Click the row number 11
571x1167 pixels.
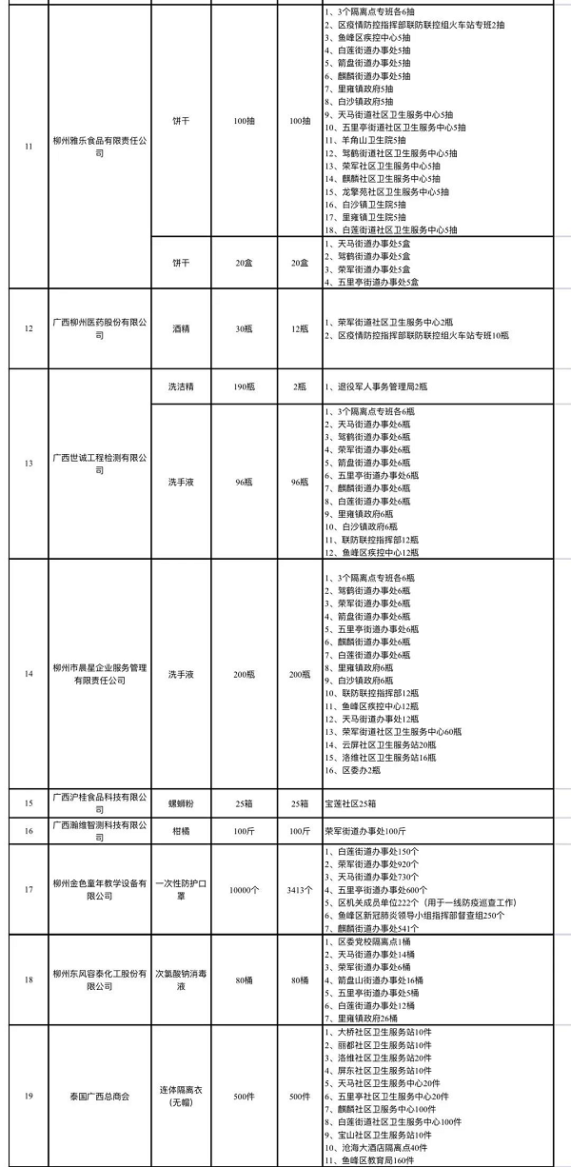point(29,146)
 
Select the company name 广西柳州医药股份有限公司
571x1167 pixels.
point(99,328)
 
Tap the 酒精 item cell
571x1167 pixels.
point(182,328)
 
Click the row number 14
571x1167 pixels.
point(29,674)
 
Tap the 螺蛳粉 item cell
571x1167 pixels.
point(182,801)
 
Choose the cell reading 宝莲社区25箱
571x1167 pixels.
point(355,801)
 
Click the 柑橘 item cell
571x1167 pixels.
point(182,829)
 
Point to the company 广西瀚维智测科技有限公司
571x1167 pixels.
point(99,829)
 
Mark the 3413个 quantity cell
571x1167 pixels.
point(299,889)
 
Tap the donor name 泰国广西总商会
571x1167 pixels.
point(99,1096)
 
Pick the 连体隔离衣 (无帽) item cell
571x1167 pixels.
point(182,1096)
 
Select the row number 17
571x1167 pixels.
point(29,889)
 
